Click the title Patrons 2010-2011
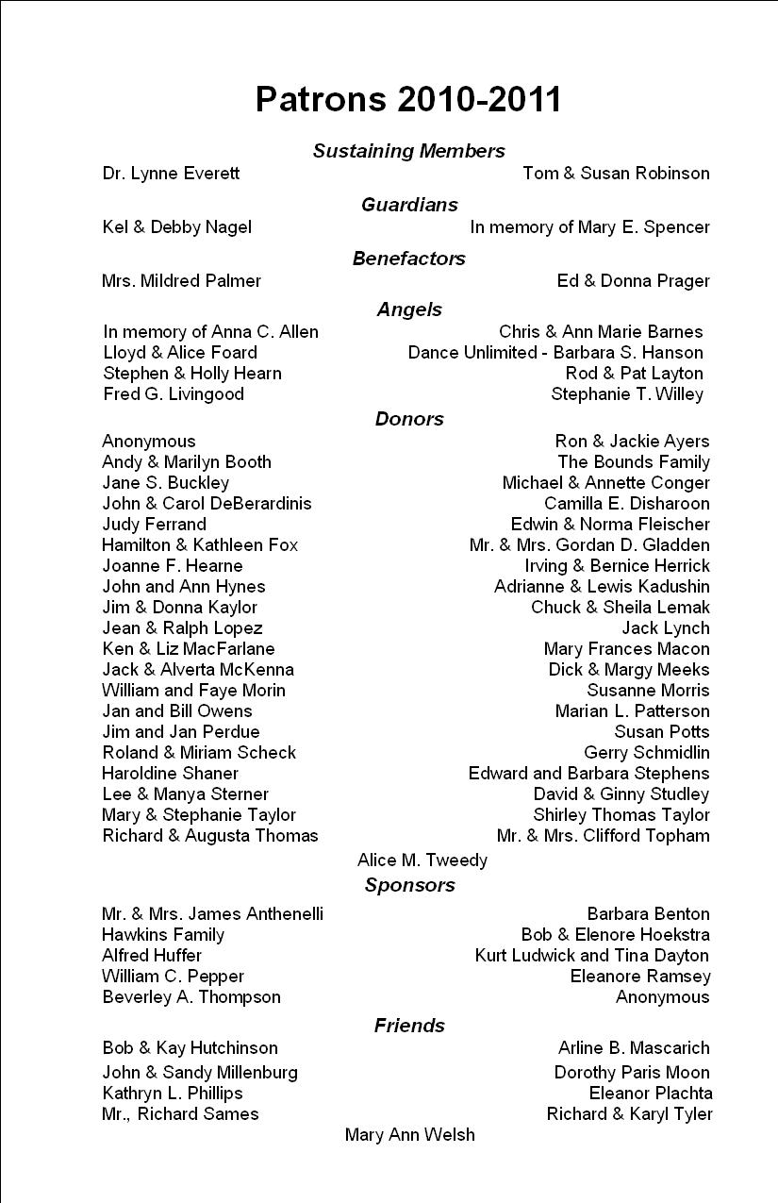[x=408, y=99]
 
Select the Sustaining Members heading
[x=408, y=151]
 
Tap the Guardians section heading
[x=409, y=205]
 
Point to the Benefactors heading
[x=409, y=259]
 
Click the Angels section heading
[x=409, y=309]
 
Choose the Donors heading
[x=409, y=419]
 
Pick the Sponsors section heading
[x=409, y=885]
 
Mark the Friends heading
[x=409, y=1026]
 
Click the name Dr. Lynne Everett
[x=171, y=174]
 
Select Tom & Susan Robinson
[x=616, y=174]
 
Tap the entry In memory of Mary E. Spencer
[x=589, y=227]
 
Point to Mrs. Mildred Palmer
[x=181, y=281]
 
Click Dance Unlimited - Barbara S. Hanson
[x=555, y=353]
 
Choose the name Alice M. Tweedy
[x=422, y=860]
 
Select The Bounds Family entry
[x=633, y=462]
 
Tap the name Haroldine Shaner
[x=170, y=774]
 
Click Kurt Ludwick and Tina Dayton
[x=592, y=956]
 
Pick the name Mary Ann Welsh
[x=409, y=1135]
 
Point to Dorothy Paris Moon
[x=632, y=1073]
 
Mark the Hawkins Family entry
[x=163, y=935]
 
